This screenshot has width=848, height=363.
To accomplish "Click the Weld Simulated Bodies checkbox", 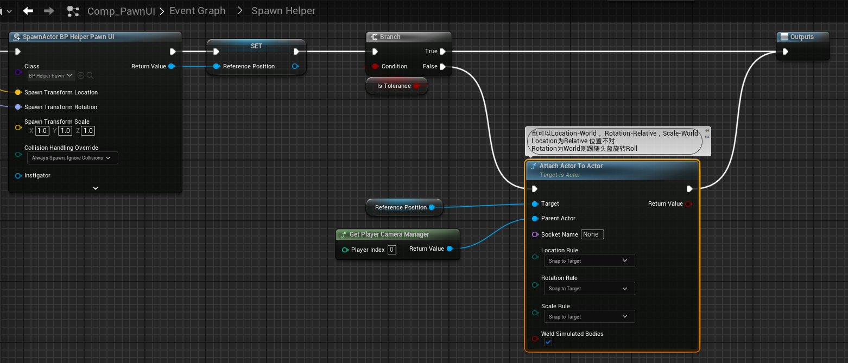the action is coord(548,342).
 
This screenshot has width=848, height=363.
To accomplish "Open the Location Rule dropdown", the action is coord(589,261).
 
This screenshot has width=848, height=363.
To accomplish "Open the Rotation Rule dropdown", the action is coord(589,289).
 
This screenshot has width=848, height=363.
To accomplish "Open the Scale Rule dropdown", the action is coord(589,317).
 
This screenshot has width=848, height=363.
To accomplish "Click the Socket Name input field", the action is coord(592,234).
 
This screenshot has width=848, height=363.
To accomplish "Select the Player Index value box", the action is coord(392,250).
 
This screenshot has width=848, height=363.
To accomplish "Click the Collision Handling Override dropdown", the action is coord(72,158).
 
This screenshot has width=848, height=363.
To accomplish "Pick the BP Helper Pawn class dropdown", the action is coord(51,76).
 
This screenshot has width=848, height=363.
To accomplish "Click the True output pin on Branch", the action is coord(443,52).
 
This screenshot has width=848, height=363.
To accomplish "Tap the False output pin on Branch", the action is coord(443,67).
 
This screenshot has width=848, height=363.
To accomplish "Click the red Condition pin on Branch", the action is coord(375,67).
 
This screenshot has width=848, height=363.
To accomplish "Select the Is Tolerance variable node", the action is coord(394,86).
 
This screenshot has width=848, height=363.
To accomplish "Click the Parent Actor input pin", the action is coord(535,219).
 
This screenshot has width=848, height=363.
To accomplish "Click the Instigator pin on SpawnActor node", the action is coord(18,176).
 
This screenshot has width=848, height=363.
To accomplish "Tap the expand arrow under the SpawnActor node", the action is coord(96,188).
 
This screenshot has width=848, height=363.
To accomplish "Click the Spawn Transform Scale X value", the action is coord(42,131).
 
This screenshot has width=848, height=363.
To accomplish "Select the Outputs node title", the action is coord(802,37).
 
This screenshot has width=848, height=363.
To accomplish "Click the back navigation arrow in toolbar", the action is coord(28,11).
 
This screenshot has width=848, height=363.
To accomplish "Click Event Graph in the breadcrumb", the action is coord(197,11).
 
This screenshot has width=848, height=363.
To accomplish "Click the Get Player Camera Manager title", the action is coord(389,234).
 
